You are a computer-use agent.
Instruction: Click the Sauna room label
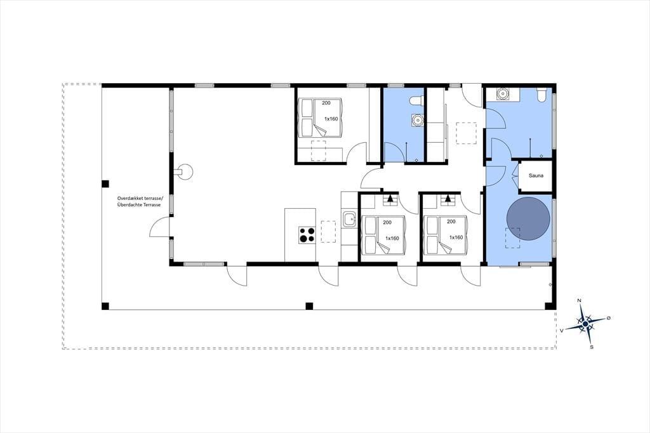point(536,175)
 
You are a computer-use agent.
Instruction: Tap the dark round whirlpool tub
point(529,219)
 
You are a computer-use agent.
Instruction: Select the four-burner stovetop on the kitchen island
point(307,235)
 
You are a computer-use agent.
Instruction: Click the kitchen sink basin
point(350,219)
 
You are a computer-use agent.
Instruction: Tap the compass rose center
point(585,323)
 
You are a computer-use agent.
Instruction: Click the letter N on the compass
point(580,300)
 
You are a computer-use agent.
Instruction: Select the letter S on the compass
point(592,347)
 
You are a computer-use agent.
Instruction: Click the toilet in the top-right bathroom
point(541,95)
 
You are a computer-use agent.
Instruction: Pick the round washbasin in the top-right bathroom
point(503,94)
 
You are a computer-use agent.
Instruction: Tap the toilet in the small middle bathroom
point(416,100)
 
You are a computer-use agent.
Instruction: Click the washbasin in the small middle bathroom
point(418,120)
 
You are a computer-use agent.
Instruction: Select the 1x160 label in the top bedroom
point(331,119)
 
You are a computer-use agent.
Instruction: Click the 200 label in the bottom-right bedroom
point(451,222)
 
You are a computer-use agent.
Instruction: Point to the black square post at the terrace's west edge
point(105,183)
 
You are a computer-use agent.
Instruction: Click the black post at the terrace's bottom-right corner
point(550,306)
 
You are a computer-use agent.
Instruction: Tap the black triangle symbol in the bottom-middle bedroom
point(390,198)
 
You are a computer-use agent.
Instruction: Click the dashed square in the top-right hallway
point(467,133)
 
